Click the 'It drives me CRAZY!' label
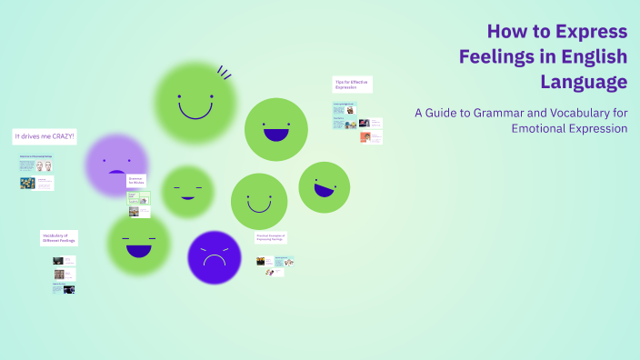click(45, 137)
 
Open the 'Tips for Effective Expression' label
click(352, 85)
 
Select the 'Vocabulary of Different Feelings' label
click(59, 238)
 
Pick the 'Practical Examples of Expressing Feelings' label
click(271, 238)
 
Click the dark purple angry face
click(215, 258)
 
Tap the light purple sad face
click(116, 165)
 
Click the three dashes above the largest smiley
click(224, 71)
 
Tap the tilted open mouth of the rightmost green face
click(324, 191)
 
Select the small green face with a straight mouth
click(187, 192)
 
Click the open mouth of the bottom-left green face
click(139, 249)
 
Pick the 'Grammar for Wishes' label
click(136, 180)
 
